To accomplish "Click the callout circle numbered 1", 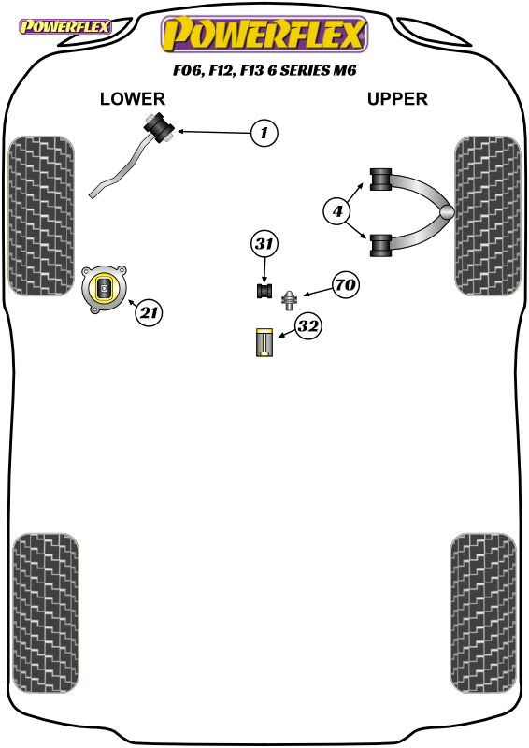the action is [x=264, y=133].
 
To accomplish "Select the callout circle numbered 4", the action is [x=337, y=211].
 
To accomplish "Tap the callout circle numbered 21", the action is [x=149, y=312].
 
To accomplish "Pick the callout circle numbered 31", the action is [x=264, y=244].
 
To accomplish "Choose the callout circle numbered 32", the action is [x=308, y=326].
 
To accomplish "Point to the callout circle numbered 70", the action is [x=346, y=285].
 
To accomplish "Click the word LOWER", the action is [x=133, y=99].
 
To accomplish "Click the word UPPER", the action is [x=397, y=99].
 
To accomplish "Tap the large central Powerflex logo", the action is [x=264, y=34].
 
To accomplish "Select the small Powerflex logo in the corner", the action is [x=64, y=26].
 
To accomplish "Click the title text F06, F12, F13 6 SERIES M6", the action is [x=264, y=71].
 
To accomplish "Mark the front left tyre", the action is [x=41, y=216].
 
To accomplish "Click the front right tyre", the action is [x=488, y=216].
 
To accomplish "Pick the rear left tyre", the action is [x=45, y=613].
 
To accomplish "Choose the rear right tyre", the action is [x=482, y=613].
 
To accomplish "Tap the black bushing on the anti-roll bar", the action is [x=159, y=126].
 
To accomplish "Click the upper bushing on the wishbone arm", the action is [x=381, y=180].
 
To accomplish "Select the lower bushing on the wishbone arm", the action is [x=381, y=246].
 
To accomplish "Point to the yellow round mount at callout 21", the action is [x=104, y=289].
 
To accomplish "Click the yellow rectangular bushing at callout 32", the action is [x=264, y=342].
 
